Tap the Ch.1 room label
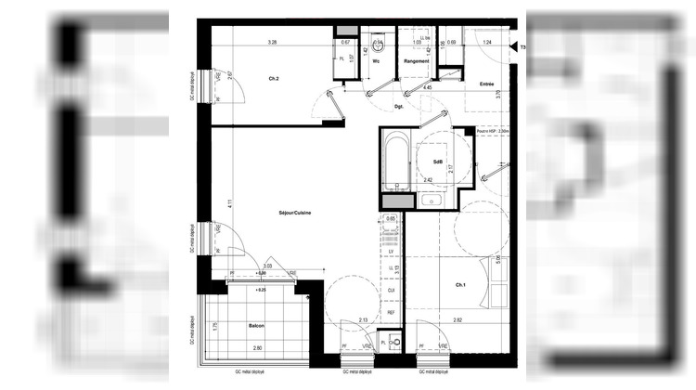coord(459,284)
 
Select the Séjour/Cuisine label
coord(294,214)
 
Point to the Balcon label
coord(256,326)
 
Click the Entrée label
coord(486,84)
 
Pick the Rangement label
coord(417,61)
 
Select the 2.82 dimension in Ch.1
coord(457,320)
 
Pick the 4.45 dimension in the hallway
coord(428,87)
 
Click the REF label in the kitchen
coord(392,313)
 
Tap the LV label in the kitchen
coord(392,251)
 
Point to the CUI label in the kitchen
coord(392,290)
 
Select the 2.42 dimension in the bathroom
coord(428,179)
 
